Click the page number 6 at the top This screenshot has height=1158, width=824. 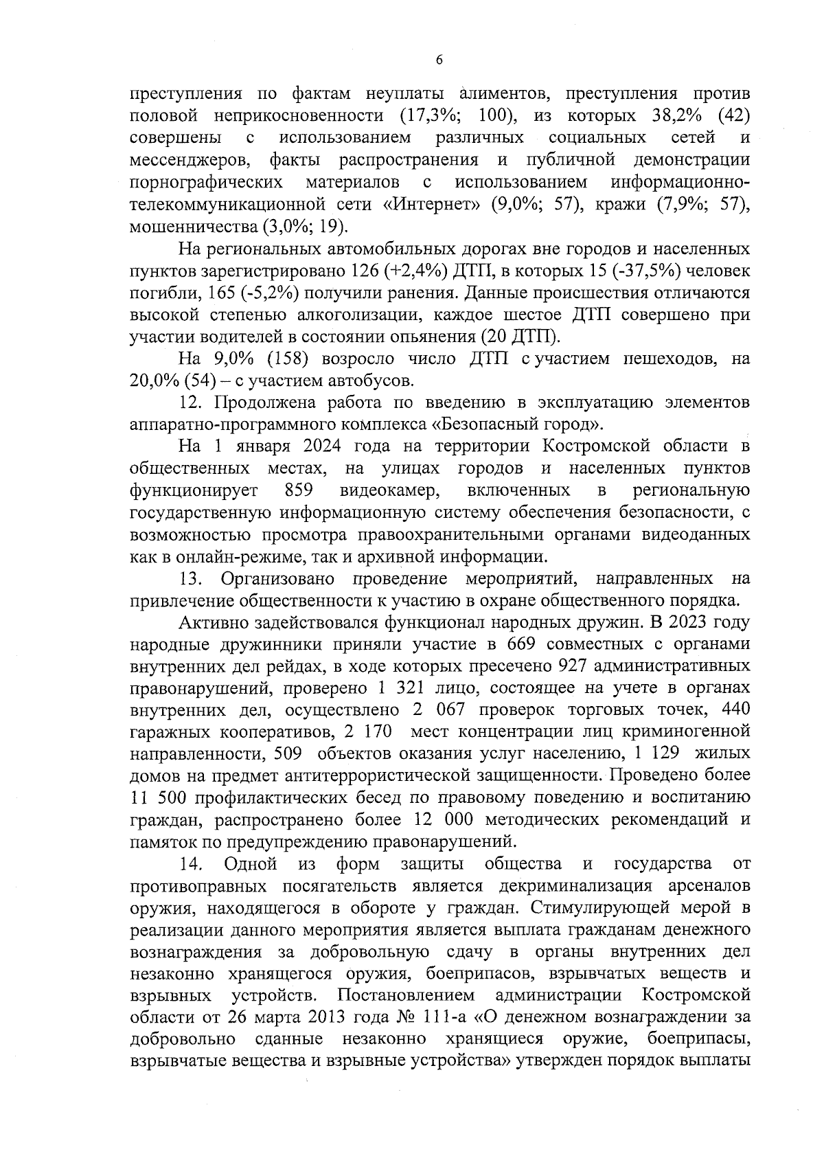tap(439, 60)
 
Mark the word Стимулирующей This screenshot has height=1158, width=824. tap(595, 907)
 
